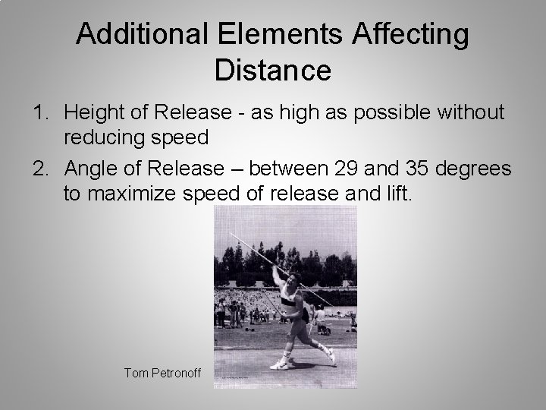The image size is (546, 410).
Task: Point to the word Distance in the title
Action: point(273,70)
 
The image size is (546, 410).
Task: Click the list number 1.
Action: point(39,113)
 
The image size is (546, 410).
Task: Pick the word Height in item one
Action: point(89,113)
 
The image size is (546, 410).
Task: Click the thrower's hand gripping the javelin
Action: point(275,268)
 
